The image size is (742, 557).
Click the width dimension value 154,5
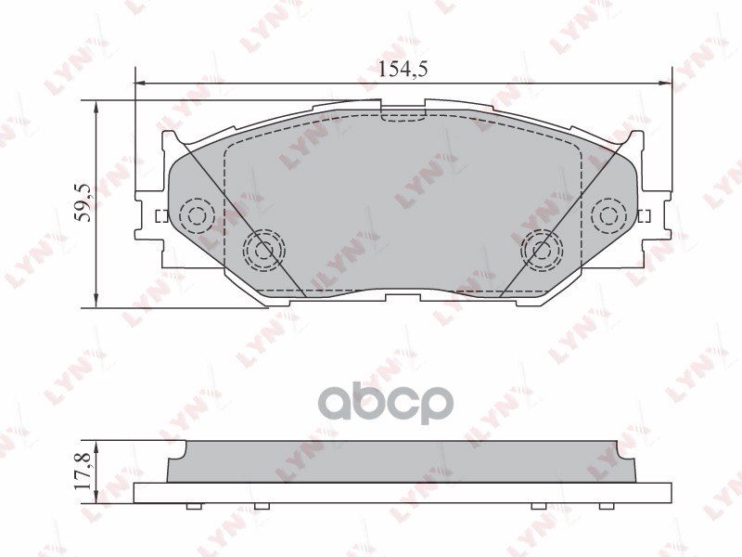(403, 69)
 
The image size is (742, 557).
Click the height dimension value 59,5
(83, 202)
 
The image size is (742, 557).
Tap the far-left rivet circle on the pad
(196, 216)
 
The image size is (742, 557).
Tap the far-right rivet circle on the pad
(608, 216)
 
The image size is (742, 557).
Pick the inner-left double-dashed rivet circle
(263, 249)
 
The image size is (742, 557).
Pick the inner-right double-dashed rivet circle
(542, 249)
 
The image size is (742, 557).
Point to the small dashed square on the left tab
(158, 217)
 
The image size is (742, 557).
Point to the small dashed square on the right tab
(646, 217)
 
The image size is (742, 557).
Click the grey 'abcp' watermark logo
(402, 403)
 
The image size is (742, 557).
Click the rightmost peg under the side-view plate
(607, 507)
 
